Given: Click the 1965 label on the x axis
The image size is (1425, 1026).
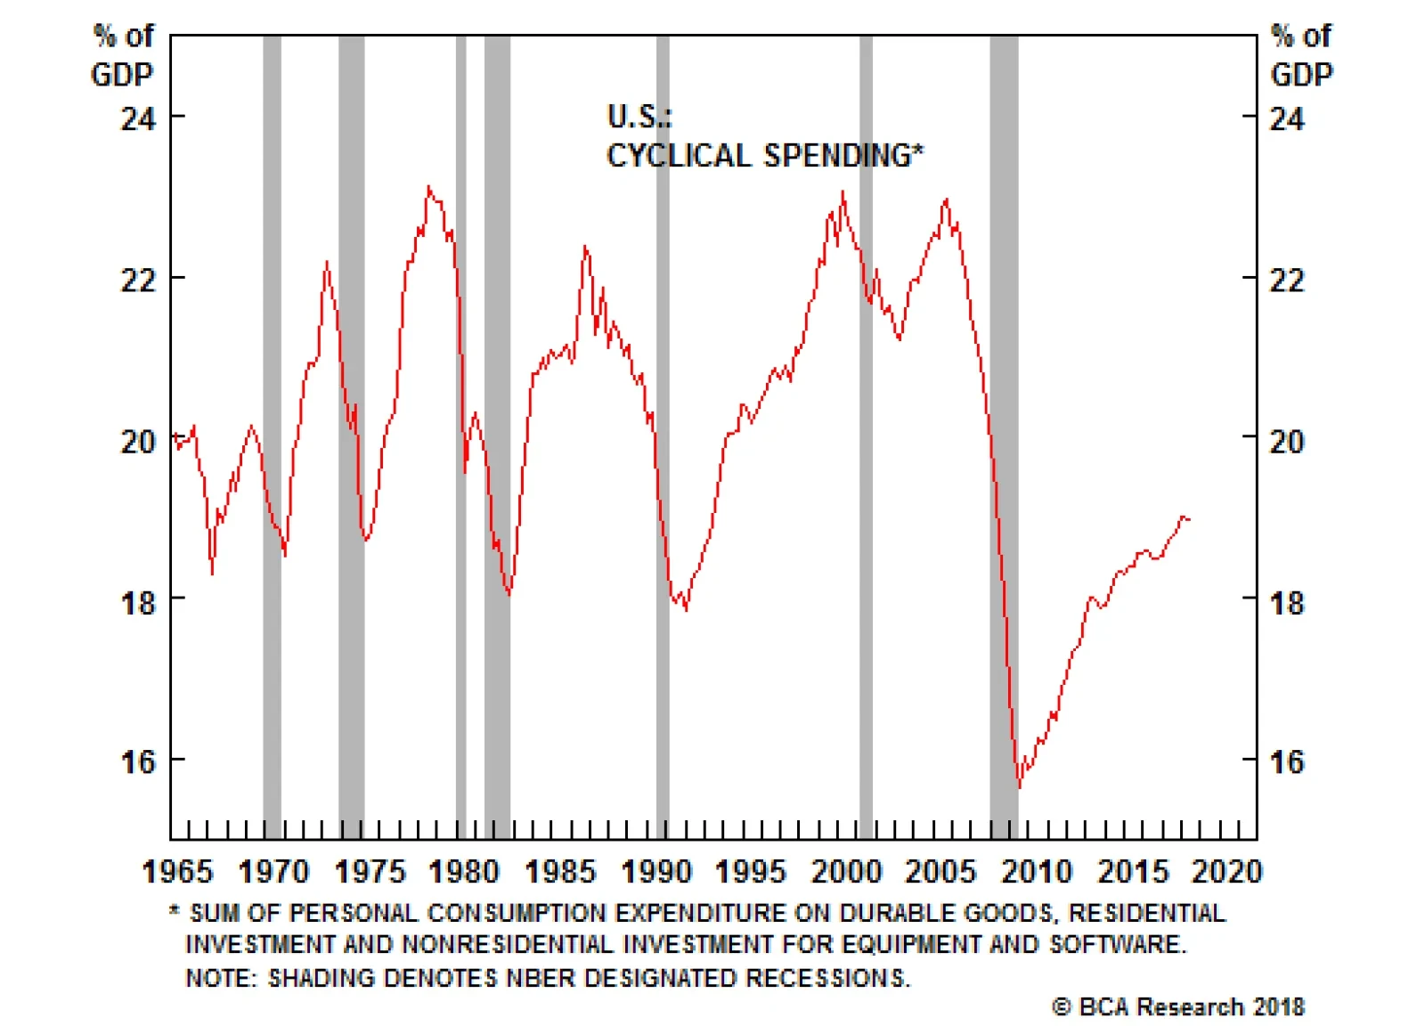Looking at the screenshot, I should (x=177, y=871).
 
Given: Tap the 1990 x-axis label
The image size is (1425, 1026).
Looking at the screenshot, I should (x=655, y=871).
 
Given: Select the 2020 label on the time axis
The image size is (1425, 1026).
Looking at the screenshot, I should (x=1226, y=871).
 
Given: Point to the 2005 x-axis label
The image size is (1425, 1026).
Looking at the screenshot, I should (x=940, y=871).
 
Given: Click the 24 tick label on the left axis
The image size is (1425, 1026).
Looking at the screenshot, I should (x=138, y=118).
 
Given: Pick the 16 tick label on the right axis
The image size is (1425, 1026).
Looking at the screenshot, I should (x=1286, y=762).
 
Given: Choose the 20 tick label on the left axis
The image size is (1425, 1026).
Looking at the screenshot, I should (x=138, y=441).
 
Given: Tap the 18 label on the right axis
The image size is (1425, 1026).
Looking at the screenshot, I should (x=1286, y=603).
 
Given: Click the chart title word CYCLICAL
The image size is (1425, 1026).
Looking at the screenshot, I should (x=679, y=156).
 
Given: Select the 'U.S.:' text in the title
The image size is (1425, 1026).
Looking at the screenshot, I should (x=639, y=117).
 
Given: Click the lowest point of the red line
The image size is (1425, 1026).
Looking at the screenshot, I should (x=1020, y=787).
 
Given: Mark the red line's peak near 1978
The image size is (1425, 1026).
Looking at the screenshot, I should (x=428, y=187).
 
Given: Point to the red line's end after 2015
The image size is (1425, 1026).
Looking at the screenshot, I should (x=1190, y=519).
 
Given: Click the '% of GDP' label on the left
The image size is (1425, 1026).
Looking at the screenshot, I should (x=123, y=55).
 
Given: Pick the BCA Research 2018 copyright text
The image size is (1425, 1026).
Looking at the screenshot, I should (x=1178, y=1007).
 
